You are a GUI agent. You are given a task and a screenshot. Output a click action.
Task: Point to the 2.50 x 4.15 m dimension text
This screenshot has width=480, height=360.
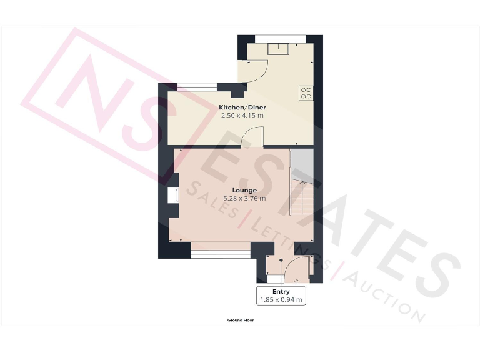[242, 116]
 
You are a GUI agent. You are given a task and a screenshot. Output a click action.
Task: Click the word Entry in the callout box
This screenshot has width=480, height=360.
[281, 292]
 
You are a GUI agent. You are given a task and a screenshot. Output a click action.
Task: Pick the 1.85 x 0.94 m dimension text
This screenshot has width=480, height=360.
[281, 300]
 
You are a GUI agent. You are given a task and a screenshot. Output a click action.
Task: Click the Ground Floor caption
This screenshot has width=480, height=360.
[240, 320]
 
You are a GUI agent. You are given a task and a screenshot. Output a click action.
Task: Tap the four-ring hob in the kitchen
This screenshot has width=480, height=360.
[306, 92]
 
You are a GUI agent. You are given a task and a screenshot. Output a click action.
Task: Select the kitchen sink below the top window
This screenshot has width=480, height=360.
[276, 49]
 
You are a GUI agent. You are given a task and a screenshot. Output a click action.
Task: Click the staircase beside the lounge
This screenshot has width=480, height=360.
[302, 197]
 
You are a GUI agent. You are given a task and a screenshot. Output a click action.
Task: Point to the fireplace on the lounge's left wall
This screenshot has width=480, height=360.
[174, 195]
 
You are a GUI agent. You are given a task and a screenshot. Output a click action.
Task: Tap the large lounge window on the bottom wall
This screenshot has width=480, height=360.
[220, 253]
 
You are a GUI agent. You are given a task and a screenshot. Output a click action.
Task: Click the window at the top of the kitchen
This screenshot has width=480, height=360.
[275, 38]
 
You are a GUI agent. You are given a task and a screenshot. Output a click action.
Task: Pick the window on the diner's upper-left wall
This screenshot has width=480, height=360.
[197, 87]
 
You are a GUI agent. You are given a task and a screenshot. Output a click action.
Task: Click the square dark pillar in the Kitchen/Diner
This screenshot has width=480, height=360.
[236, 95]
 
